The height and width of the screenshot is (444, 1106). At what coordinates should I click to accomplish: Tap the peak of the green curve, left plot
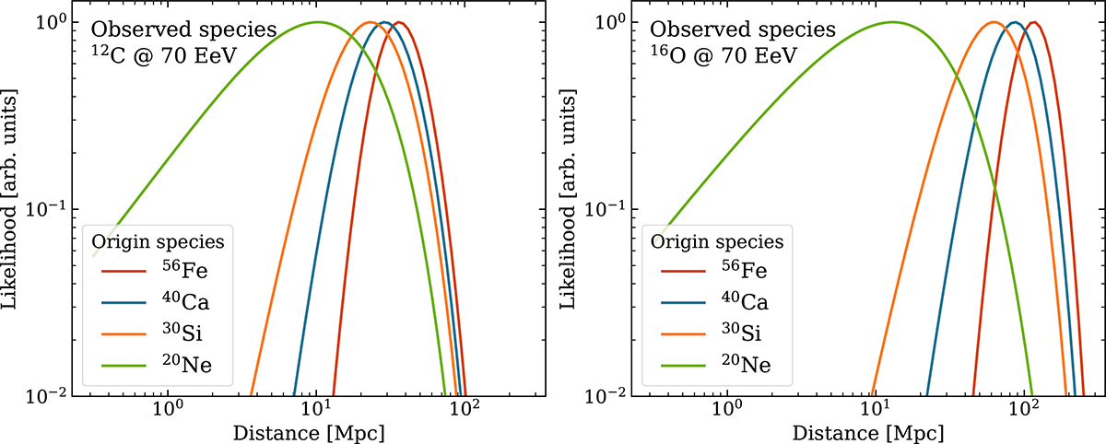point(318,22)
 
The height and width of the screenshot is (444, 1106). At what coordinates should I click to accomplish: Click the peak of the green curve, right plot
point(892,22)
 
